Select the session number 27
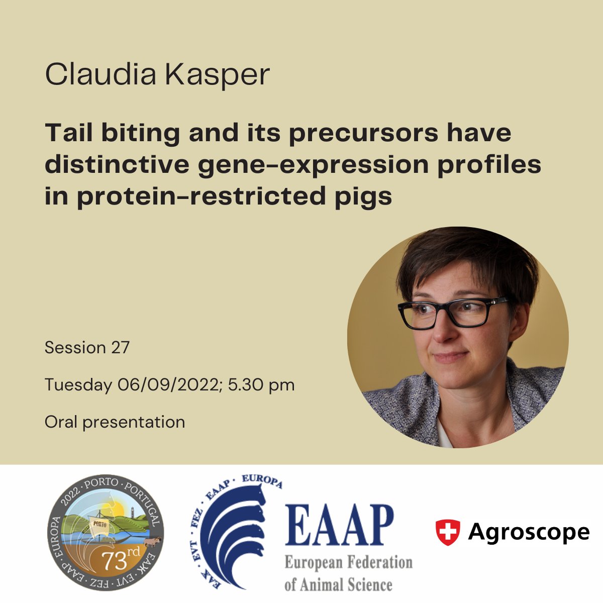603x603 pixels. click(x=121, y=347)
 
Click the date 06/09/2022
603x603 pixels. click(x=170, y=385)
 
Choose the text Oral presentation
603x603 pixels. click(x=115, y=422)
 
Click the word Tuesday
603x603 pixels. click(x=78, y=385)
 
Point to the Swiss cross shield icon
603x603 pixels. click(x=447, y=532)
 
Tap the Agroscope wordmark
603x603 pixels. click(x=529, y=532)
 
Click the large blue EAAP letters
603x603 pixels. click(x=339, y=526)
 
